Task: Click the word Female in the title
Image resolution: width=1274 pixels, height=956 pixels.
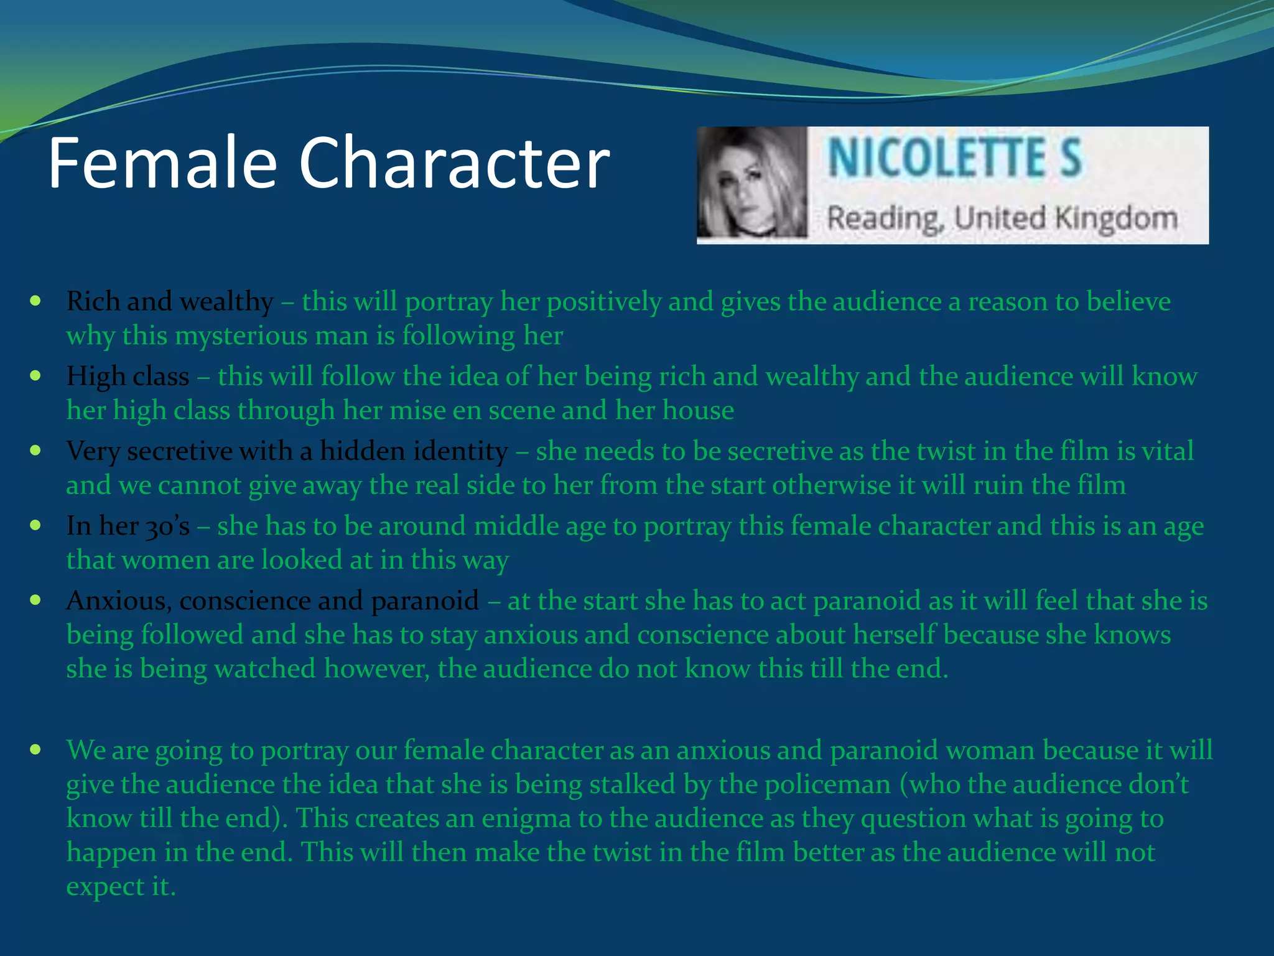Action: click(x=162, y=163)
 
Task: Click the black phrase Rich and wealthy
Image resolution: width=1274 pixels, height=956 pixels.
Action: click(x=170, y=302)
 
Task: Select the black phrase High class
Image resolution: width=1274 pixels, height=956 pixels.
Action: click(x=128, y=377)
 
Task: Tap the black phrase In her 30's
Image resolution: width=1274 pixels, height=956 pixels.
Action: click(x=128, y=526)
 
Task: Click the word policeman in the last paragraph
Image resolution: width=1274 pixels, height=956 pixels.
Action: click(x=828, y=784)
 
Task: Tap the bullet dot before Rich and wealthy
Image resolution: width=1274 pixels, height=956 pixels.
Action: click(x=35, y=301)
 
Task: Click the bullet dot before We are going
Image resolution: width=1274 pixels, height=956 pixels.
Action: click(x=35, y=749)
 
